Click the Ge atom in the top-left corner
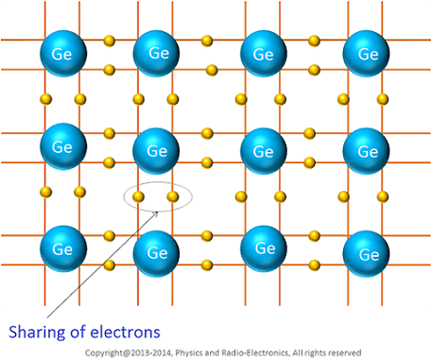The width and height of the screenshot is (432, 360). point(62,53)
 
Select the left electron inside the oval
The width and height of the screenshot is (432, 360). point(138,197)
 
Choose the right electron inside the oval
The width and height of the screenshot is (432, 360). point(172,197)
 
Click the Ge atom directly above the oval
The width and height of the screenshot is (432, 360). point(157,149)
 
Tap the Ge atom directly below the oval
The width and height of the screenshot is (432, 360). point(157,250)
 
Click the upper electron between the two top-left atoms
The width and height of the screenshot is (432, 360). point(109,41)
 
